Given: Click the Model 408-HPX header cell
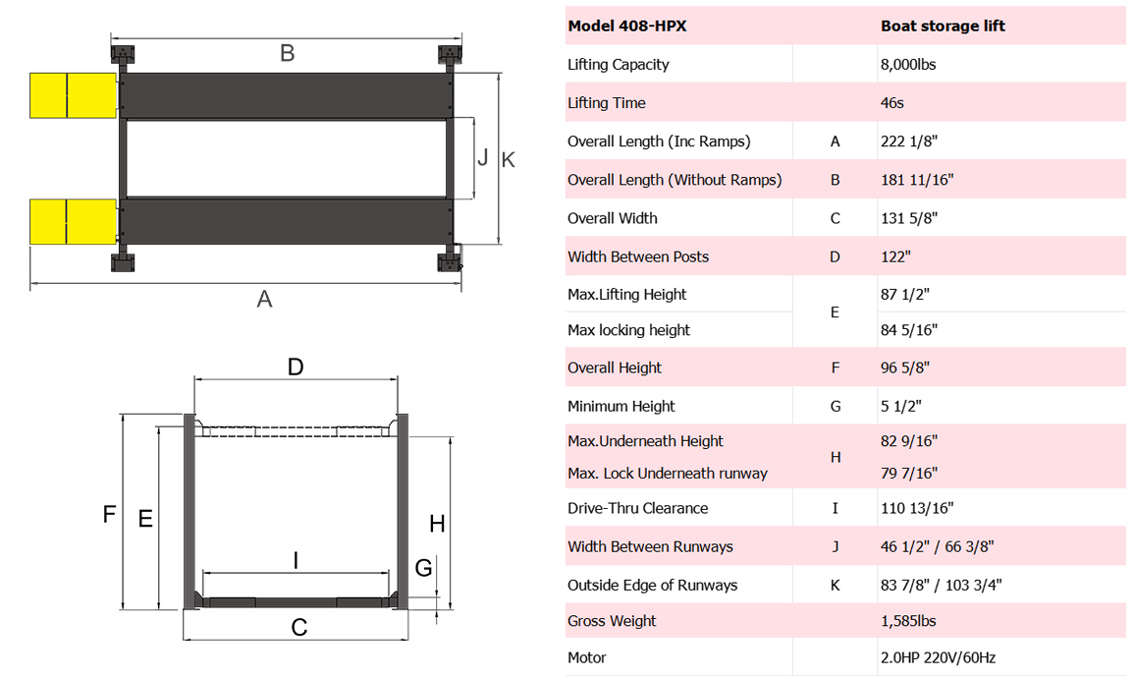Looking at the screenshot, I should click(626, 26).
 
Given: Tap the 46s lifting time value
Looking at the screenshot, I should click(894, 103).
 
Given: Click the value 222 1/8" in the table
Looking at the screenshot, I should click(910, 141).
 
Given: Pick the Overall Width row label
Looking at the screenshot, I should click(612, 218).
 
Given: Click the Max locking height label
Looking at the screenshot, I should click(628, 330).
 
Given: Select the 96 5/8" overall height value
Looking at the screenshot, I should click(905, 368).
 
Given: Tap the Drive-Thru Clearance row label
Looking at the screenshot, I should click(637, 508).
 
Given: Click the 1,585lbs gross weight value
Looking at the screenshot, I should click(908, 621).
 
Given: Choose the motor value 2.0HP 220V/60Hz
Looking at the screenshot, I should click(938, 657).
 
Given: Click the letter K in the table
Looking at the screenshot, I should click(836, 586).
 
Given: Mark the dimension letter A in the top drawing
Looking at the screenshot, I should click(264, 300).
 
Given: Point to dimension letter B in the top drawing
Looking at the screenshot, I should click(287, 53).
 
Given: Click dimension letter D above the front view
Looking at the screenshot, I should click(296, 367).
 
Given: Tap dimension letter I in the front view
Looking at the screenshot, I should click(297, 560).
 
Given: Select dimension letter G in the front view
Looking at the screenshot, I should click(423, 568).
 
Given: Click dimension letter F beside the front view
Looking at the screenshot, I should click(110, 513).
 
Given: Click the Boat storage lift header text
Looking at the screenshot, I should click(943, 26).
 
